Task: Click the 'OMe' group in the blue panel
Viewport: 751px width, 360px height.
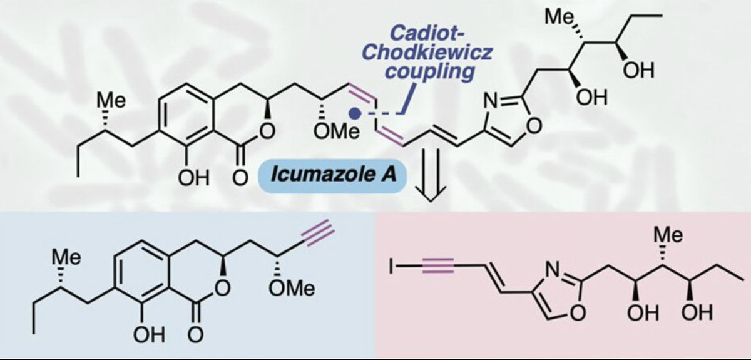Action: click(290, 287)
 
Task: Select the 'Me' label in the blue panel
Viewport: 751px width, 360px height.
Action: click(70, 258)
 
